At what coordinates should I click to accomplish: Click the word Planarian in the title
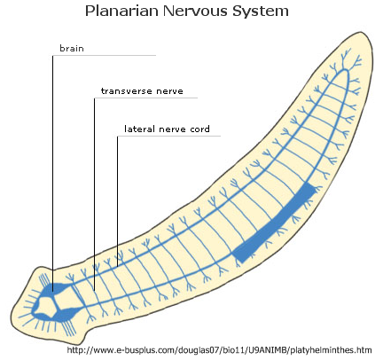122,11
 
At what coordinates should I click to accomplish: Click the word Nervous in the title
195,11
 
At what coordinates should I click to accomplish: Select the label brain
72,48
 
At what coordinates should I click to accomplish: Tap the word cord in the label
200,129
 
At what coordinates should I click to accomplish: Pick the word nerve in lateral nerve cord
172,129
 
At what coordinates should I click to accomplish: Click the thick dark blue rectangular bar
274,223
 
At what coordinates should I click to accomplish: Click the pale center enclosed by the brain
46,307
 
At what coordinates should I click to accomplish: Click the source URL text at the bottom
219,350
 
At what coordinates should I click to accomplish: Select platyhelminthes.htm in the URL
331,350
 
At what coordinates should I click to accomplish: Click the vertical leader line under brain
53,174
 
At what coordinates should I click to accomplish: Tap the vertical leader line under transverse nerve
94,194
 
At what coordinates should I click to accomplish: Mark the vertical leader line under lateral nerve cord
117,201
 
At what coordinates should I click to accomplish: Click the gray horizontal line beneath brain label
104,55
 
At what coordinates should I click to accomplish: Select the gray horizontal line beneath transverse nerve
145,98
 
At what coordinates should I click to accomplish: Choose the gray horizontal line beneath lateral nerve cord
168,136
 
